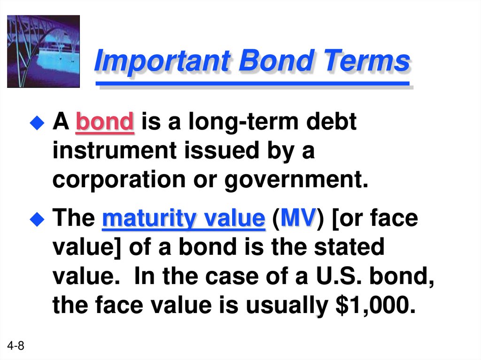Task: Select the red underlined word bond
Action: pos(105,123)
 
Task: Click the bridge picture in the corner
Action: pos(43,51)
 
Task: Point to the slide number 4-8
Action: pos(16,347)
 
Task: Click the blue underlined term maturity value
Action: pos(184,219)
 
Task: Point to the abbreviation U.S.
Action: pos(334,277)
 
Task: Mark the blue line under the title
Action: pos(252,84)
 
